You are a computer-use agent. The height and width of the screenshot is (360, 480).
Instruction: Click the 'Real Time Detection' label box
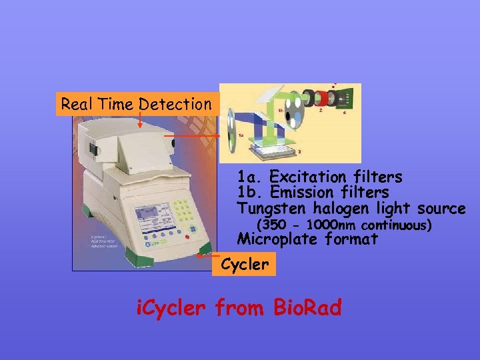(x=136, y=104)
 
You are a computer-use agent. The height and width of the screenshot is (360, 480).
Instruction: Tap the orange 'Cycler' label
(x=244, y=265)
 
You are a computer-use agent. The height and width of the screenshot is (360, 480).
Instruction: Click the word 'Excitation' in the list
(x=304, y=177)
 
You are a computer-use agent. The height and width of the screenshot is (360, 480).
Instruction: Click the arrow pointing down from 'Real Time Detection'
(x=140, y=120)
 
